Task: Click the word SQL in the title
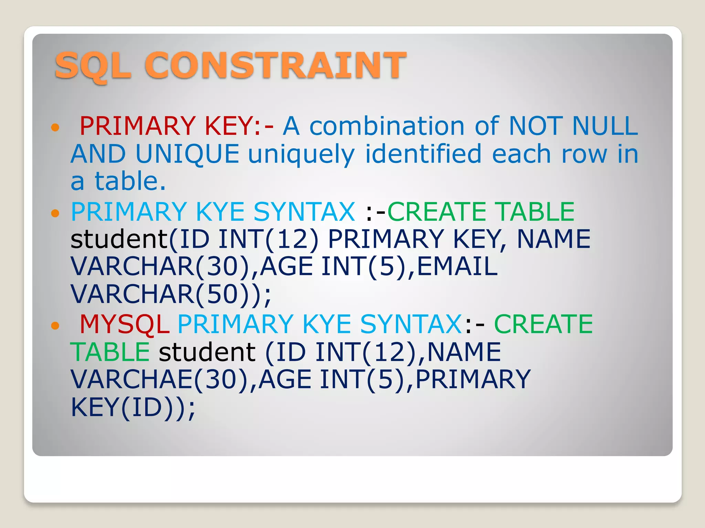pos(93,65)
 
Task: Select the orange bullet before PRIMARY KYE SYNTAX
pos(55,213)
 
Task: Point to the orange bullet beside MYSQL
pos(55,326)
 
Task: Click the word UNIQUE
pos(187,154)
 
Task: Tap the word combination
pos(387,126)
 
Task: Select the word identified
pos(423,154)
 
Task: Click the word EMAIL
pos(457,266)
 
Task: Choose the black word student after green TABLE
pos(207,352)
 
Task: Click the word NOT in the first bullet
pos(535,126)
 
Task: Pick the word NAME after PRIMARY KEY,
pos(554,239)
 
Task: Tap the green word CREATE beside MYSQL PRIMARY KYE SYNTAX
pos(543,324)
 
